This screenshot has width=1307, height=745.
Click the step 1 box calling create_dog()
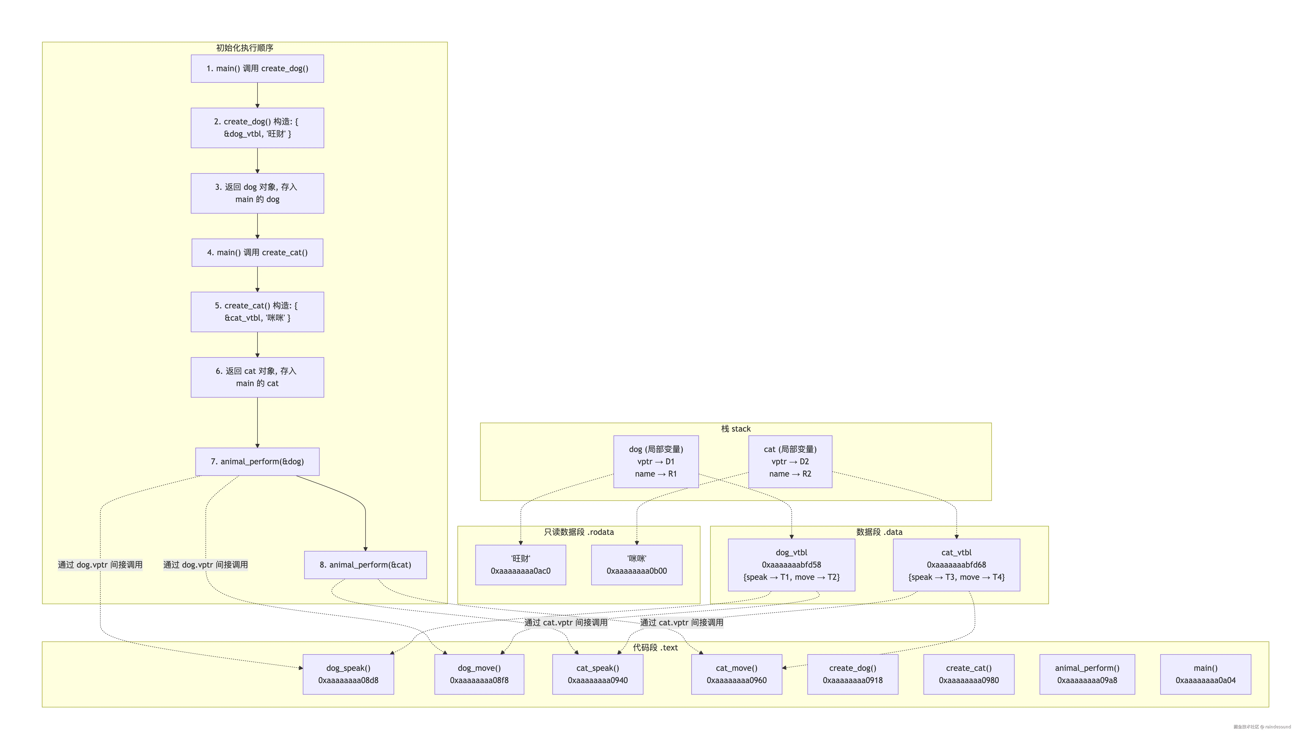[x=257, y=69]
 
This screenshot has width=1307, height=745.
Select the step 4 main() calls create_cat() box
[x=257, y=253]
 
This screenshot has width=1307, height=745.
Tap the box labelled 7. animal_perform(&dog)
[x=257, y=461]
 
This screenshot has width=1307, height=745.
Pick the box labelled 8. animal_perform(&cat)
[x=365, y=565]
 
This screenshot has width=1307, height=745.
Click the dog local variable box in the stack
[x=656, y=461]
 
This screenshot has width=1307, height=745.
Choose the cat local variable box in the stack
[x=790, y=461]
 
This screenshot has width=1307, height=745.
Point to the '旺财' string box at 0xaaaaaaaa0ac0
[x=521, y=565]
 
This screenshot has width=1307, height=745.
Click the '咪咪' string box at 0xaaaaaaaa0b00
[x=637, y=565]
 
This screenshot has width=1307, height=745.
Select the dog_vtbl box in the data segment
[x=791, y=565]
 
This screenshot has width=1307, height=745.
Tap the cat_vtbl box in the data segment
[x=957, y=565]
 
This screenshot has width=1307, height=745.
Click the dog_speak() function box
[x=348, y=674]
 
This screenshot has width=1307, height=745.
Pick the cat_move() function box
[x=737, y=674]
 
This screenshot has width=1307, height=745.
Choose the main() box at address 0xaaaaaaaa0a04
[x=1206, y=674]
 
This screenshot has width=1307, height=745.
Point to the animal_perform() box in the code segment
[x=1087, y=674]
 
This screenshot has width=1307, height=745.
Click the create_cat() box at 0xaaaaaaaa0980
[x=969, y=674]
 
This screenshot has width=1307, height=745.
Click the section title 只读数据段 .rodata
[x=579, y=532]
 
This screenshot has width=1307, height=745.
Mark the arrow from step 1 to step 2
[x=257, y=95]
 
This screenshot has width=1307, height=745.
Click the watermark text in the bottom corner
[x=1262, y=727]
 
